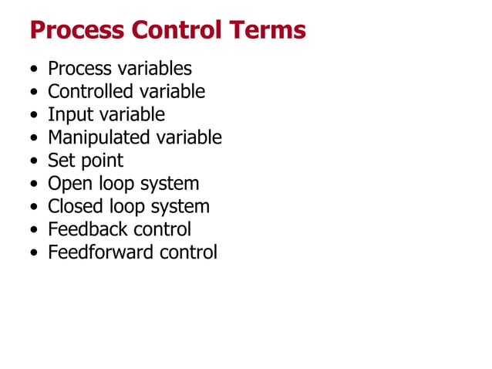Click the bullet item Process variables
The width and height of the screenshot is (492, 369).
pos(120,69)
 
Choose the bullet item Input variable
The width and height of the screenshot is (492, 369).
pos(106,115)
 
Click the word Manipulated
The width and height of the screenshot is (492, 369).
pos(99,137)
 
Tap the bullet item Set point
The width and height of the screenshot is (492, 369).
pos(85,161)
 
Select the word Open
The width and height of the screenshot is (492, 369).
pos(66,184)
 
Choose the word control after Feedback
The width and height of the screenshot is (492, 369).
pos(162,229)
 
